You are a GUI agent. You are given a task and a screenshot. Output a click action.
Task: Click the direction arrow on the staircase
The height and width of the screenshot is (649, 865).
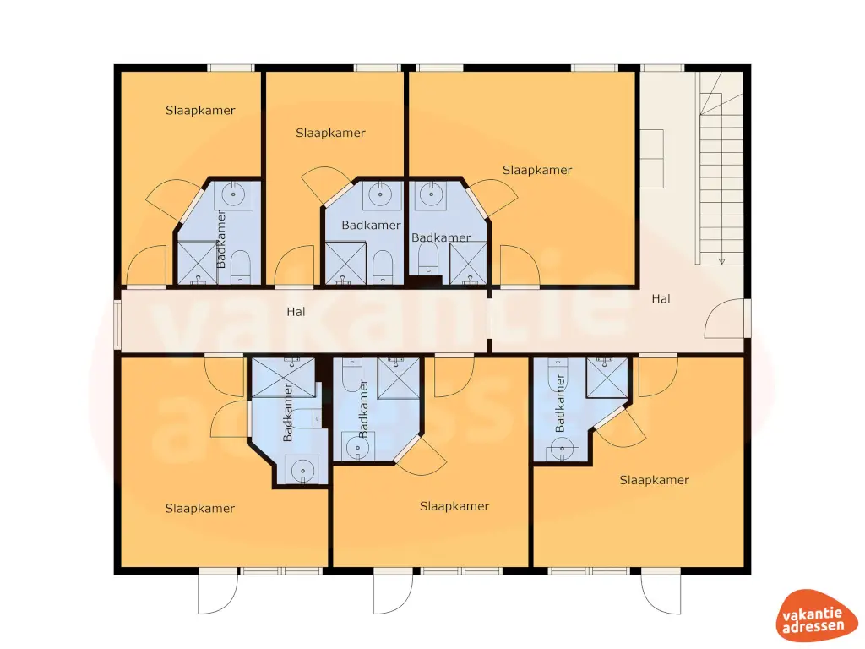[x=721, y=262]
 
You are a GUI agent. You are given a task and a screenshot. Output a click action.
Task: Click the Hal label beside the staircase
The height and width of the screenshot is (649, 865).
[x=661, y=298]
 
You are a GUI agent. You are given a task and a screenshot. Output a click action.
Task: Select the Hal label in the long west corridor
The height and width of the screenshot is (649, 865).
[x=296, y=312]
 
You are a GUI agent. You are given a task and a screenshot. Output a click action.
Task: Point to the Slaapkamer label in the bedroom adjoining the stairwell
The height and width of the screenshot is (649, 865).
[x=537, y=170]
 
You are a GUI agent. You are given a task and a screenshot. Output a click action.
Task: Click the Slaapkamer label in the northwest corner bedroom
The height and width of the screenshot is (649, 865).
[x=200, y=110]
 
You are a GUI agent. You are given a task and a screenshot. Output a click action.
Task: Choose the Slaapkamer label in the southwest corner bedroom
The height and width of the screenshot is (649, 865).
[x=200, y=508]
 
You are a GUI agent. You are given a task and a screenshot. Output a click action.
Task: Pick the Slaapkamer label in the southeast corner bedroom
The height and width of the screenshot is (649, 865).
[x=655, y=480]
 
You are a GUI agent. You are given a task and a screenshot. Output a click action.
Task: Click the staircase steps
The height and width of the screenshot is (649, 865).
[x=721, y=169]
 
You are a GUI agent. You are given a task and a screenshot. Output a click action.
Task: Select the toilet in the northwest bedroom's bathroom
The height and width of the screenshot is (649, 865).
[x=241, y=266]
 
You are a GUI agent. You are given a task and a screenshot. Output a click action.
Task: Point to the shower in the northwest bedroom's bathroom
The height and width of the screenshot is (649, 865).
[x=197, y=262]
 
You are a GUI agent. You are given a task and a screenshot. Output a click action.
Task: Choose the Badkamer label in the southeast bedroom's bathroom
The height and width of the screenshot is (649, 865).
[x=559, y=406]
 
